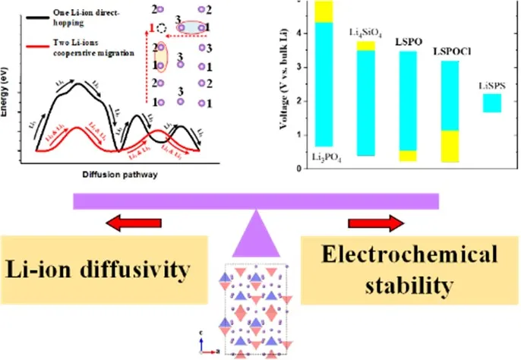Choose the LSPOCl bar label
point(449,54)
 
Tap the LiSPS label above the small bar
point(491,86)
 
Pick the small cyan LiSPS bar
point(491,103)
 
